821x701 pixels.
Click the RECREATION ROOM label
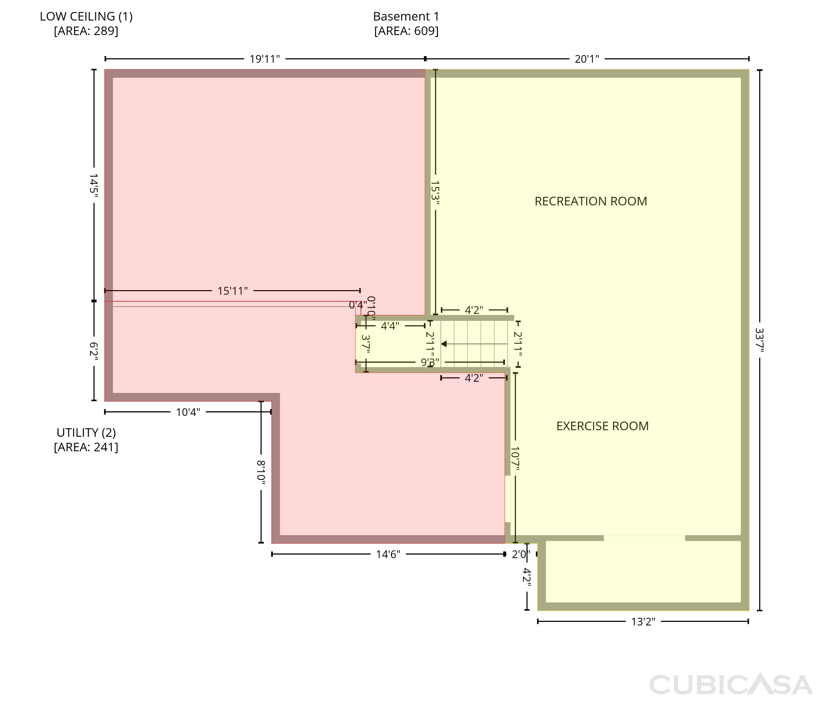point(591,202)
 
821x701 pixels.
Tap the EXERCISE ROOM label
point(602,426)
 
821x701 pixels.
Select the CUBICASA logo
point(731,684)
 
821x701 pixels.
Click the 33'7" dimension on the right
point(760,340)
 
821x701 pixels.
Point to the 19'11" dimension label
point(265,59)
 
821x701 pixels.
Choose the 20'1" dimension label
point(587,59)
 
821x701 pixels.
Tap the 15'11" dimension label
point(233,291)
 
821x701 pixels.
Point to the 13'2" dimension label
point(643,622)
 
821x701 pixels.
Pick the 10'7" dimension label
point(515,459)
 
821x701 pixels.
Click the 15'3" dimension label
point(435,193)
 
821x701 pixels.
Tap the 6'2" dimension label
point(94,351)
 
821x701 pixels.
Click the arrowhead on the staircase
point(444,344)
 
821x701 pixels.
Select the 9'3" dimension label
point(430,362)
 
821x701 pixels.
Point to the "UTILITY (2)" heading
point(86,433)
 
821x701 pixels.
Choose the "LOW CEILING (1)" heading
point(86,17)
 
